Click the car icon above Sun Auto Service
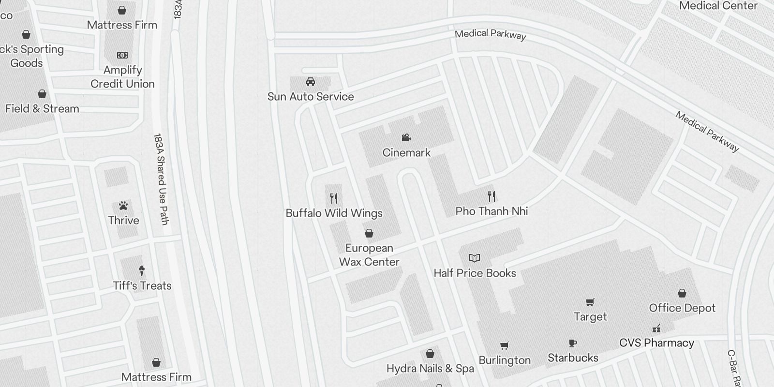[311, 82]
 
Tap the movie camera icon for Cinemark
[406, 138]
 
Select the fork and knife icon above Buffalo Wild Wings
[334, 198]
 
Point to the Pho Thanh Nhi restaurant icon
[491, 196]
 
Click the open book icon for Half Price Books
[475, 258]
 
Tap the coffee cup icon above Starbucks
[573, 343]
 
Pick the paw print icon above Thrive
[123, 206]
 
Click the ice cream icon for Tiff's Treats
[142, 270]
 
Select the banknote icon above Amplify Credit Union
[122, 55]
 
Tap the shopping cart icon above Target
[590, 302]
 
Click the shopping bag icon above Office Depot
[682, 293]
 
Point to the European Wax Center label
[369, 255]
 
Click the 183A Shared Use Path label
[161, 179]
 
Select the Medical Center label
[718, 6]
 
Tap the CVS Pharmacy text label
[656, 343]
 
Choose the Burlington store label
[505, 360]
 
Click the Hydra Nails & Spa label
[430, 369]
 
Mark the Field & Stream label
[42, 108]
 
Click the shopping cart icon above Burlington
[505, 345]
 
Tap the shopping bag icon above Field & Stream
[42, 94]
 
